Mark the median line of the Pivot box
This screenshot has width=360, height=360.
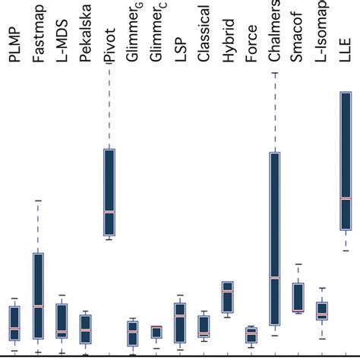109,212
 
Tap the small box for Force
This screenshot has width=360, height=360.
251,336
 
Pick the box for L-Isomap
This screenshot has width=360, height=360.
321,311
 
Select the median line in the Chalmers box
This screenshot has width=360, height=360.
274,278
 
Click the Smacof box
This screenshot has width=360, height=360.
298,297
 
